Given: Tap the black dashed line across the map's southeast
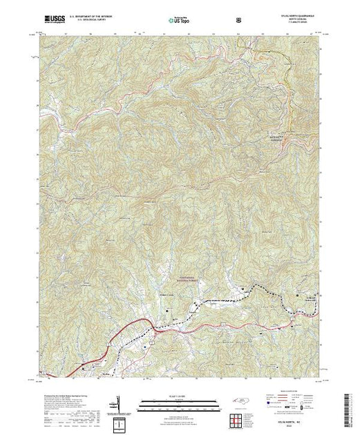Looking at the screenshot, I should pos(228,300).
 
